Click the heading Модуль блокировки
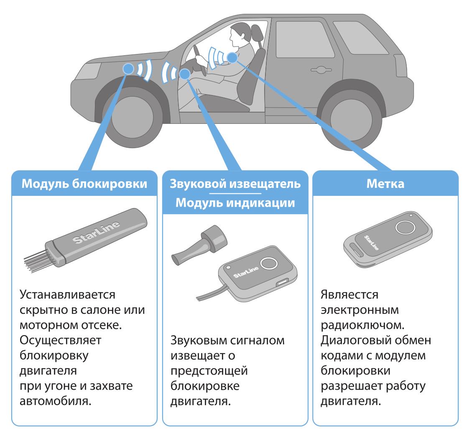84,183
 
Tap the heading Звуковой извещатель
235,183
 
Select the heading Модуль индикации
235,203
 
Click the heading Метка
385,183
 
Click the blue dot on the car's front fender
128,69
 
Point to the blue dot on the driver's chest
232,57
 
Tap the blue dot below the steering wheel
185,74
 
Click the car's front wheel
133,117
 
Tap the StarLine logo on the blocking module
96,232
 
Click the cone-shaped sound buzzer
199,245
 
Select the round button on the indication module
269,263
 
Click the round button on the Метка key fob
405,227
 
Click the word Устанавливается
67,295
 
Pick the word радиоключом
362,326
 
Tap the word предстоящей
209,371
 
